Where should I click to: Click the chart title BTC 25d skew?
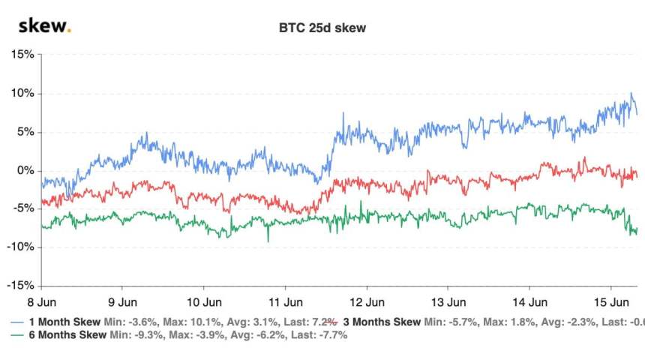click(322, 28)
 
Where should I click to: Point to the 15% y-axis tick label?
click(22, 55)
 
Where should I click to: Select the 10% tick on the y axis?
click(22, 94)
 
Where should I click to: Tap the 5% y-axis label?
click(25, 132)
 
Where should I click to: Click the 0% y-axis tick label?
click(25, 170)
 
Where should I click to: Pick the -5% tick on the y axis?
click(23, 209)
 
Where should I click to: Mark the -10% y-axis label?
click(20, 247)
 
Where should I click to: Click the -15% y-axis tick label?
click(20, 286)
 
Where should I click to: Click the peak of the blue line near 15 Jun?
click(631, 94)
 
